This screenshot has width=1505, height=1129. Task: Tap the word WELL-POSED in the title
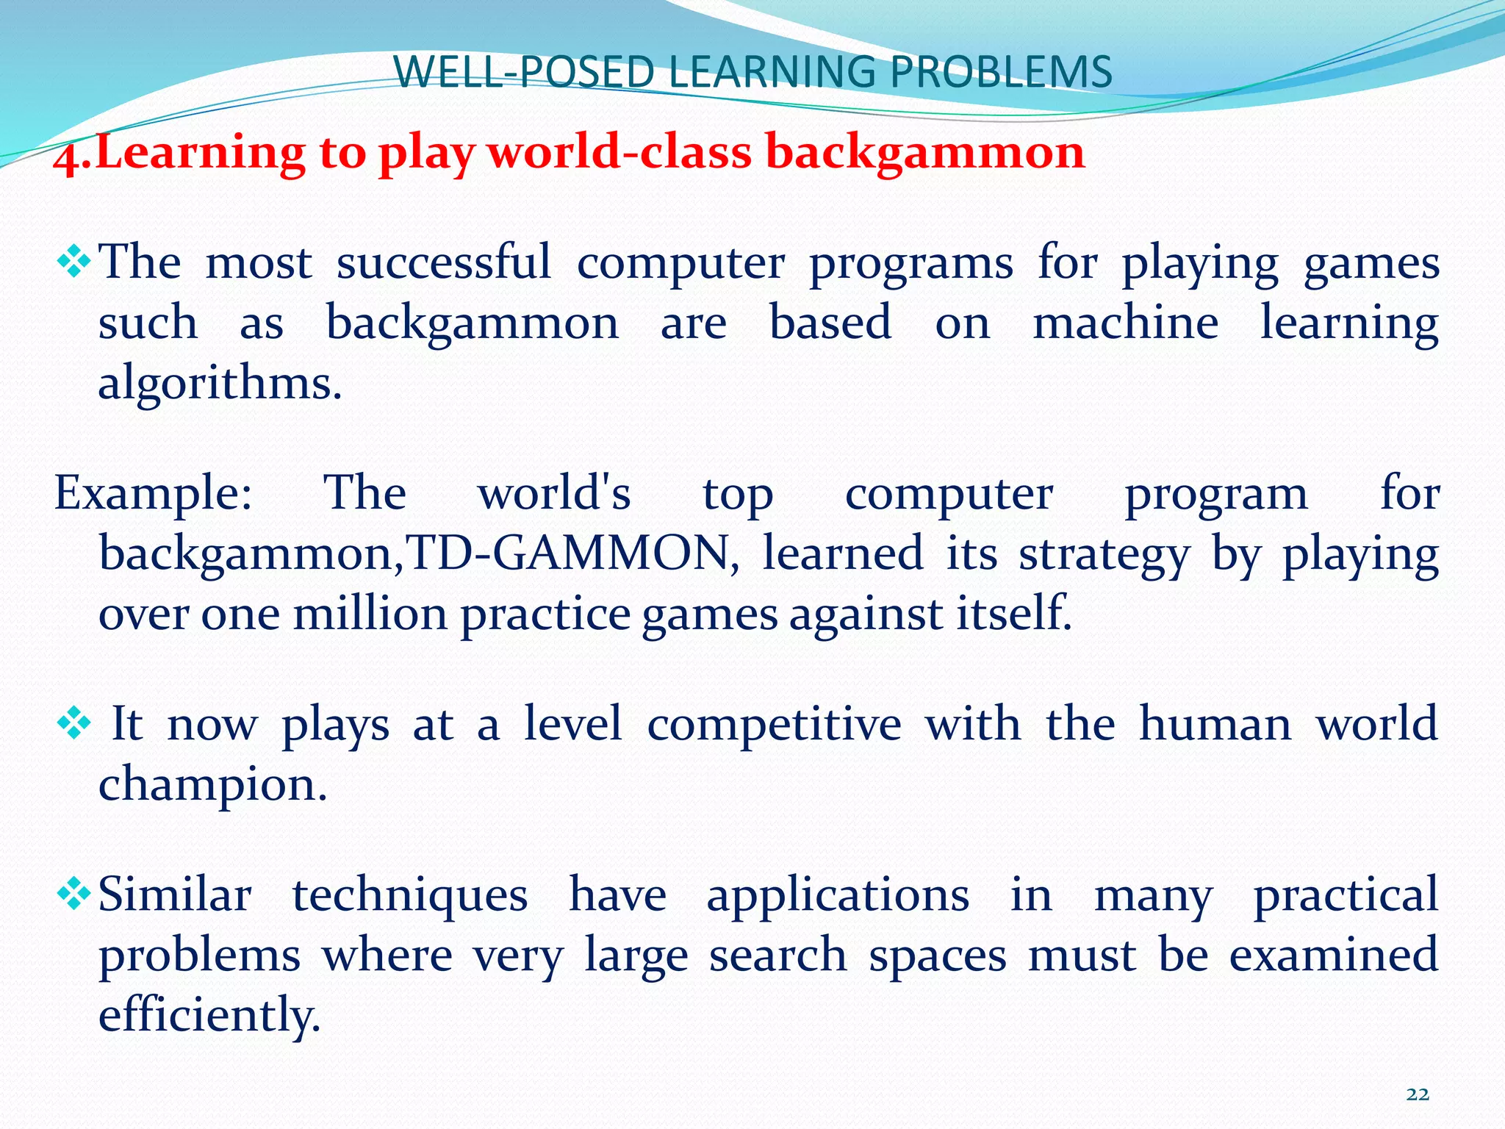(x=523, y=73)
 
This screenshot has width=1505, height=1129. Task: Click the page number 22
(x=1417, y=1094)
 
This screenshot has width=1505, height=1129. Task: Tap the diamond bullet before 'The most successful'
(x=74, y=262)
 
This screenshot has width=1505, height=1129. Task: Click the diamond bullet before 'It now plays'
(x=74, y=725)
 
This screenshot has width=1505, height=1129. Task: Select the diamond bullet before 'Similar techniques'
(x=74, y=895)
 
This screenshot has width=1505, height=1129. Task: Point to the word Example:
(x=153, y=494)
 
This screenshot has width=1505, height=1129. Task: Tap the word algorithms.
(x=220, y=384)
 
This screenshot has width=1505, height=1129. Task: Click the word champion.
(x=212, y=786)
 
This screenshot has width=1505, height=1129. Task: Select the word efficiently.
(x=209, y=1015)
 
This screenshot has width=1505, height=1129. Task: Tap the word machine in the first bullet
(x=1125, y=323)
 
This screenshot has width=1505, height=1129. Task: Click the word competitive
(x=774, y=725)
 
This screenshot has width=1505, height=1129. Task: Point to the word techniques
(x=410, y=896)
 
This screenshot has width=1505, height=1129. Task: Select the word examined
(x=1333, y=956)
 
